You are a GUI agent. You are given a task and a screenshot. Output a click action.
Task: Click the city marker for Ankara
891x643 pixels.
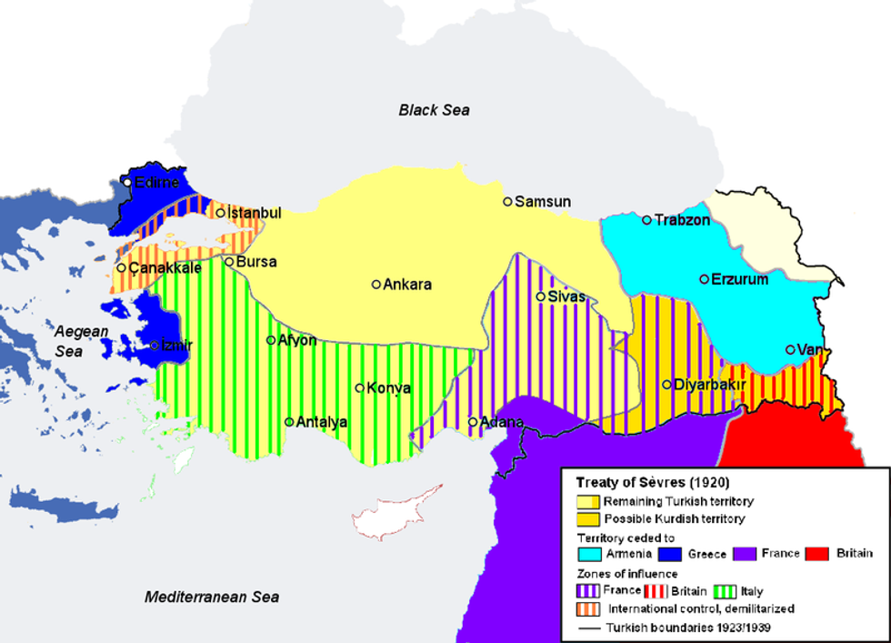376,285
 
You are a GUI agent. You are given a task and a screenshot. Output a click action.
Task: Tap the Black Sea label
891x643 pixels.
434,110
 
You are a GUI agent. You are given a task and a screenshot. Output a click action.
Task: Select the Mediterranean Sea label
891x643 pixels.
212,598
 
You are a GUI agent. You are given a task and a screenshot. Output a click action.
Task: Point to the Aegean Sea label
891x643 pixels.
80,341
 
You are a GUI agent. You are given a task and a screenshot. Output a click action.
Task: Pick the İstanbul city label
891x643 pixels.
254,213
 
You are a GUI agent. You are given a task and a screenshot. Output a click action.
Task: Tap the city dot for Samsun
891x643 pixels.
507,202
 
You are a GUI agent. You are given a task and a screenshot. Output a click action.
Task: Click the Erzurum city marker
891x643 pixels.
704,279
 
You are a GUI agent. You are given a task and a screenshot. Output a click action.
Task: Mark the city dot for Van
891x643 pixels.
790,349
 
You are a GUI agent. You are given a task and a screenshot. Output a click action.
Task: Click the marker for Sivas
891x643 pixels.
540,296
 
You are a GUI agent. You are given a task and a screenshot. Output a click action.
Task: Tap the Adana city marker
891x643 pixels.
473,422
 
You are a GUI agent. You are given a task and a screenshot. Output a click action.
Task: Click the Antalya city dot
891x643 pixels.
289,422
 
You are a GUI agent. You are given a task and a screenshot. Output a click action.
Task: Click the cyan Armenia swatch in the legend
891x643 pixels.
588,553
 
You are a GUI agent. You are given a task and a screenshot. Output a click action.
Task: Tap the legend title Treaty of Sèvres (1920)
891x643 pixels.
652,482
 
